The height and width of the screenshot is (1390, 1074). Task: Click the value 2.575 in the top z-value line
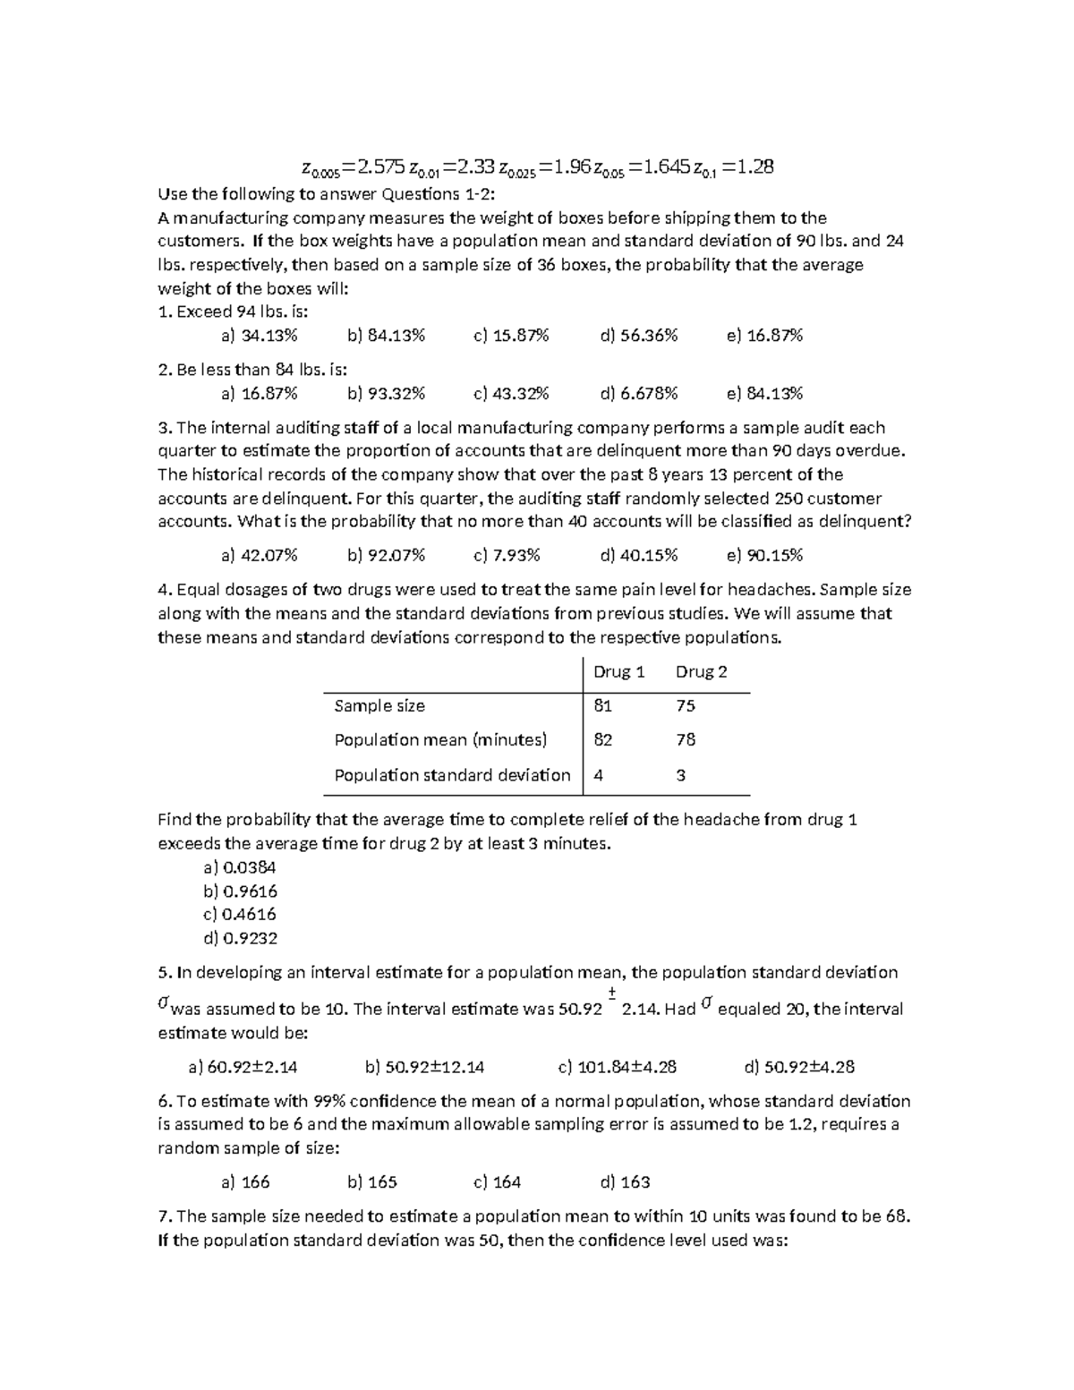pos(379,166)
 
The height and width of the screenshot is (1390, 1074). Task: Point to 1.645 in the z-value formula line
pos(661,166)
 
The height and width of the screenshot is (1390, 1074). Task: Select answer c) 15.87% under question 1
pos(511,336)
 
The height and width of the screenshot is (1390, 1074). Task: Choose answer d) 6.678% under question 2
pos(639,394)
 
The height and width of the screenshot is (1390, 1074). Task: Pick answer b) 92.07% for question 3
pos(386,556)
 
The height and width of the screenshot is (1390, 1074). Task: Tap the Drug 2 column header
pos(701,672)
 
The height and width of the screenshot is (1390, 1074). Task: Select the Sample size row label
pos(379,706)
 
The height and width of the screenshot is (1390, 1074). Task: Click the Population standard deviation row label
pos(452,775)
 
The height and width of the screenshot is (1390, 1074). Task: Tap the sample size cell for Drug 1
pos(602,706)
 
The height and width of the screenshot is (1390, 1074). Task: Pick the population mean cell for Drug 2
pos(686,740)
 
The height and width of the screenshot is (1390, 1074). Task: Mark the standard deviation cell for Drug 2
pos(681,775)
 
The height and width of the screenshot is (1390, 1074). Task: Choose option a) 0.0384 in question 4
pos(240,867)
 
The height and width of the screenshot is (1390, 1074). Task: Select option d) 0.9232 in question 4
pos(240,939)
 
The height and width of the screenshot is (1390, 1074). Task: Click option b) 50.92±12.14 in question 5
pos(425,1067)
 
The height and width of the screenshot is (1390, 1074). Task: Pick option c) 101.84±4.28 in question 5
pos(617,1067)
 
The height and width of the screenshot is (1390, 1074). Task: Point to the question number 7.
pos(164,1216)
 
